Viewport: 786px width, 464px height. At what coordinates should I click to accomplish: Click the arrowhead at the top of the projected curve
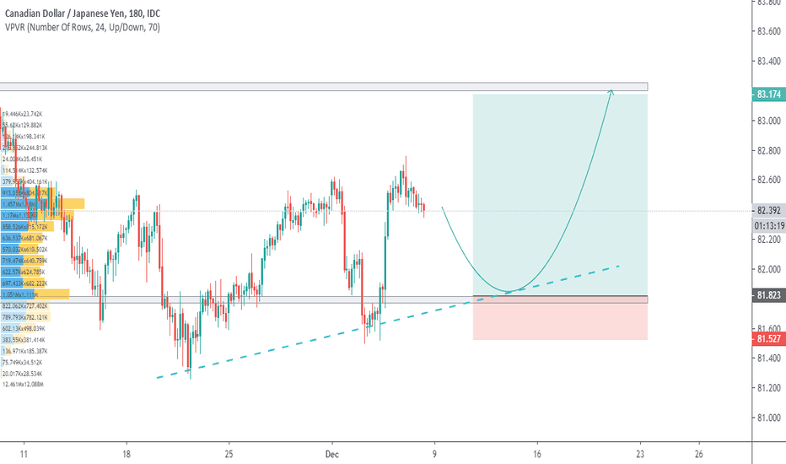611,91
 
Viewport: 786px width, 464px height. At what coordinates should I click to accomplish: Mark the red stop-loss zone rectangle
560,321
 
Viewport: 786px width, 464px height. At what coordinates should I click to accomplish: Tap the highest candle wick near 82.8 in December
406,157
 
